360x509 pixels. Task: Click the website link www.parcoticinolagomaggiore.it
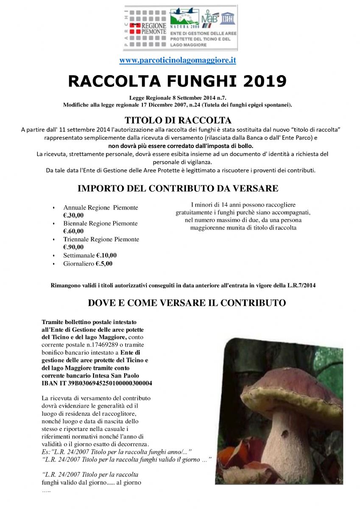pos(177,60)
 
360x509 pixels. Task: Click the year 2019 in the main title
pos(262,81)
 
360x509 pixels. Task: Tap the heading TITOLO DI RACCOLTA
pos(178,120)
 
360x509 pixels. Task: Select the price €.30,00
pos(73,215)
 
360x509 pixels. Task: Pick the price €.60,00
pos(73,231)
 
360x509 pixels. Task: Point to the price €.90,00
pos(73,247)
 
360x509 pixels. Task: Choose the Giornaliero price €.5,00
pos(103,263)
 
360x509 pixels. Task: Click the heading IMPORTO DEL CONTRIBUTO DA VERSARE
pos(178,188)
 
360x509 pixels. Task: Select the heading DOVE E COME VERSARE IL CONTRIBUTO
pos(187,303)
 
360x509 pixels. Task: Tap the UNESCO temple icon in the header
pos(228,18)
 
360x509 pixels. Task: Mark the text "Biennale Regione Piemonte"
pos(100,224)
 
